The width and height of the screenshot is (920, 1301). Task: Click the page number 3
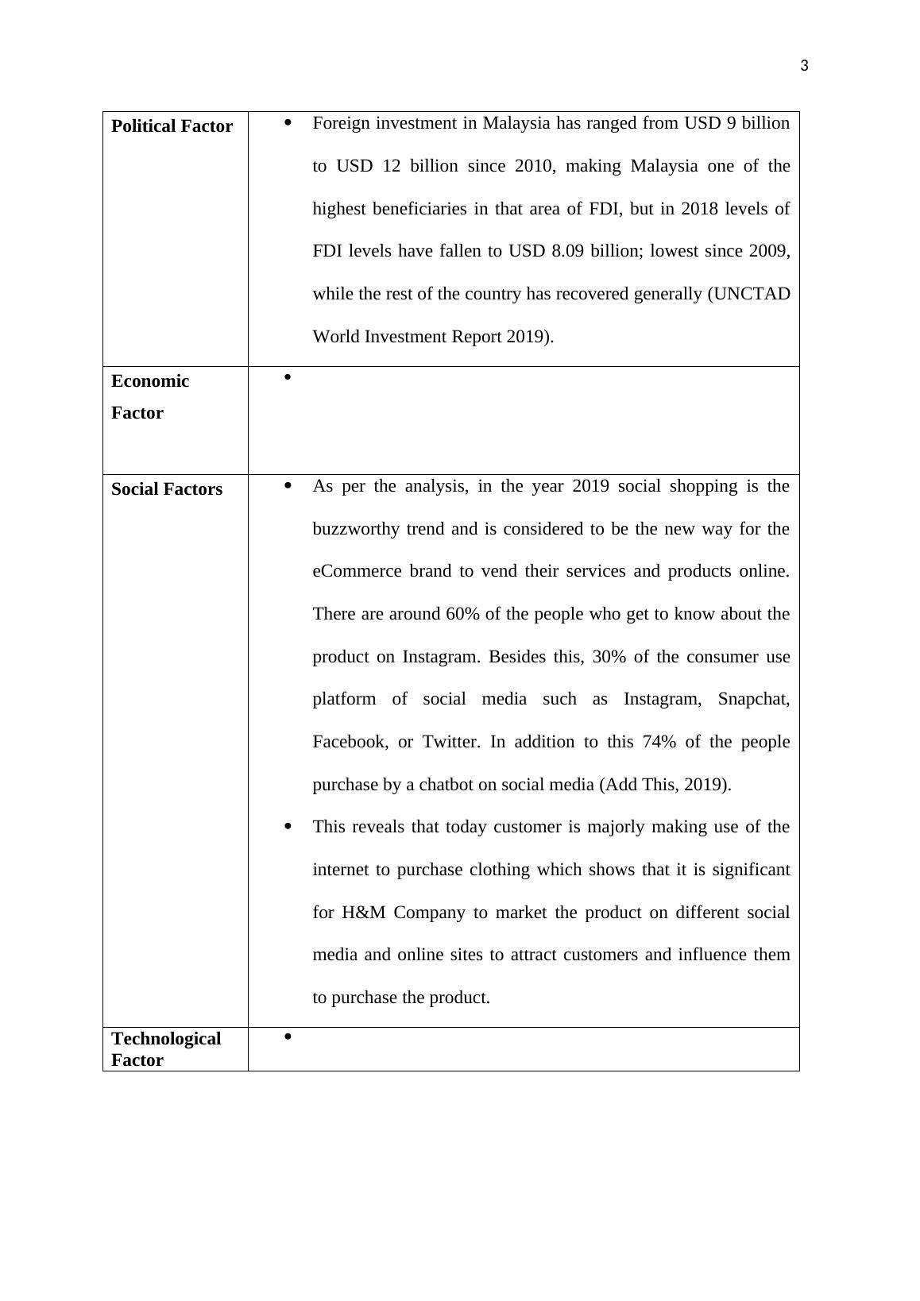pos(804,66)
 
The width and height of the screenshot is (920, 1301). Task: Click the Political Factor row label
pos(172,126)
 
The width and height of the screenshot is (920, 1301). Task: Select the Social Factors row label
pos(167,489)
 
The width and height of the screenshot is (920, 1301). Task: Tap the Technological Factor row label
pos(166,1049)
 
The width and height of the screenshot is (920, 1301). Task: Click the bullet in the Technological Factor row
pos(288,1036)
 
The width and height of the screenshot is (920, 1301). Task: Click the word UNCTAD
pos(751,294)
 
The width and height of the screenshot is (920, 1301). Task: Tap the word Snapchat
pos(753,699)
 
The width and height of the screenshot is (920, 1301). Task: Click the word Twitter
pos(450,742)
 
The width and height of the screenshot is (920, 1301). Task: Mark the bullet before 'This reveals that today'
pos(288,827)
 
